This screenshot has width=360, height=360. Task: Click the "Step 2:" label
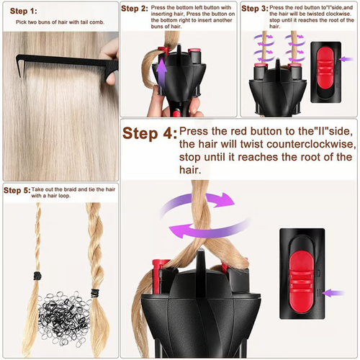135,9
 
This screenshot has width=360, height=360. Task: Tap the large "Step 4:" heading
148,133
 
